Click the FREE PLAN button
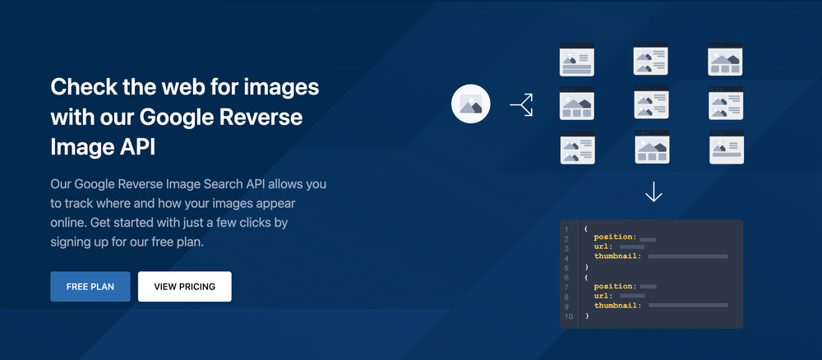(90, 287)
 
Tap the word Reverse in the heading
(262, 118)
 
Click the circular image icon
(471, 104)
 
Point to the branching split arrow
(522, 104)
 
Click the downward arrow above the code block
(653, 192)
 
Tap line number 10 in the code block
(568, 316)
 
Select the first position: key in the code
(615, 238)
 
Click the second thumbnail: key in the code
(617, 306)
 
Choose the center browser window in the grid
(652, 104)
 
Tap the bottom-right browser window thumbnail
(727, 147)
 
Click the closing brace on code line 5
(587, 268)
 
